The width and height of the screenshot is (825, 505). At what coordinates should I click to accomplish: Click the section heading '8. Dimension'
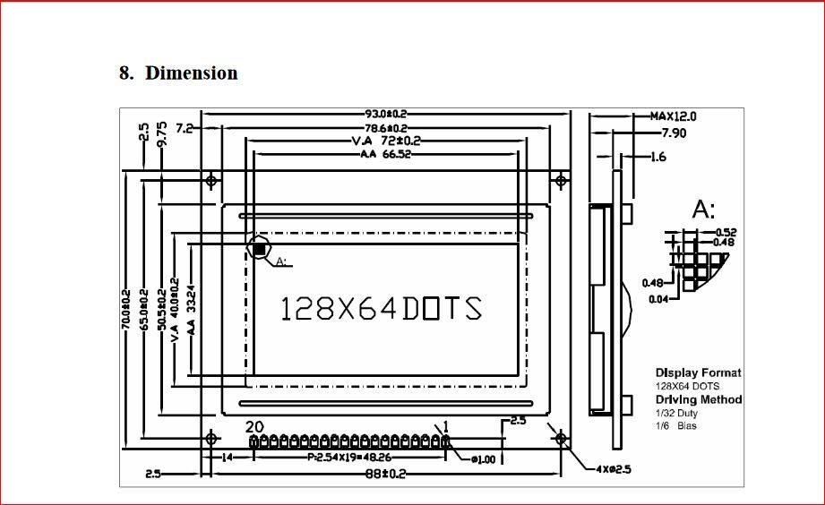[178, 73]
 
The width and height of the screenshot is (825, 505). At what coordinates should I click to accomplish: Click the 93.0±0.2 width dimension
[386, 114]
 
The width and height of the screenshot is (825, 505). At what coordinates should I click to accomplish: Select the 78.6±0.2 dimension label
[386, 128]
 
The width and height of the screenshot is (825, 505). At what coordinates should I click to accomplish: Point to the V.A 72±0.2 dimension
[386, 141]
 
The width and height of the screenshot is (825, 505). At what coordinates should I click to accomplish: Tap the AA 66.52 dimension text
[385, 154]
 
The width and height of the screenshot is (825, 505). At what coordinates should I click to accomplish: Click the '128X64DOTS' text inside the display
[382, 308]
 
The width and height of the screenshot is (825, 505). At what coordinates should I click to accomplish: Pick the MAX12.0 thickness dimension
[674, 116]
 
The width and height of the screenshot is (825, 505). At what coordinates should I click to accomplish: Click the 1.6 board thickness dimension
[658, 157]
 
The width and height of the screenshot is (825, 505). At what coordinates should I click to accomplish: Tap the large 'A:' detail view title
[704, 210]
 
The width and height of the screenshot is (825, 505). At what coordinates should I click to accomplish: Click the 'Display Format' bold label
[698, 372]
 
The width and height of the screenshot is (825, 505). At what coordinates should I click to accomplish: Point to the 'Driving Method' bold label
[699, 399]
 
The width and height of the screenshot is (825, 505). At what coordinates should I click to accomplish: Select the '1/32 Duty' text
[676, 413]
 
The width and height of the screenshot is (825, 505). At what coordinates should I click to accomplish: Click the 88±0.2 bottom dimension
[385, 473]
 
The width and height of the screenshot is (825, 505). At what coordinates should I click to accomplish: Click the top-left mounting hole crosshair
[211, 181]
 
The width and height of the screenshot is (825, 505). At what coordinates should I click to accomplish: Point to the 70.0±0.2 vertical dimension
[126, 309]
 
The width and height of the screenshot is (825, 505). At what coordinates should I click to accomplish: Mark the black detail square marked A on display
[259, 248]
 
